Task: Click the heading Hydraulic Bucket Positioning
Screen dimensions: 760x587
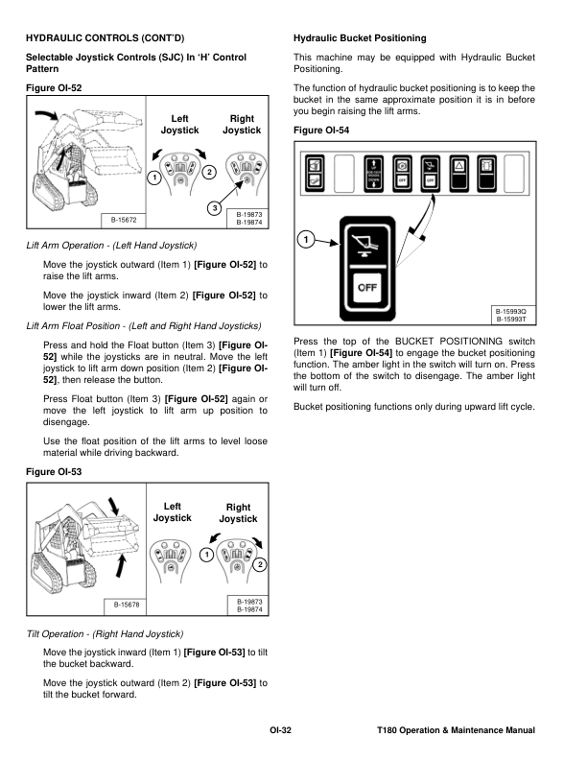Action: coord(359,38)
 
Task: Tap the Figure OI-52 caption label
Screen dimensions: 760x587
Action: coord(54,88)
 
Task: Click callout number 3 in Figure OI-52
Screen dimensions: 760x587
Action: coord(215,209)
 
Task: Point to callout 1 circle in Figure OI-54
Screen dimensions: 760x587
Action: coord(305,238)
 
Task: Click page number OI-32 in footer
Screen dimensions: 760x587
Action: coord(280,731)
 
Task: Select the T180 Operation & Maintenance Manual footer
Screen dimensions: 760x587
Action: coord(457,731)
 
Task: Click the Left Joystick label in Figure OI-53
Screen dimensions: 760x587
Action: coord(173,512)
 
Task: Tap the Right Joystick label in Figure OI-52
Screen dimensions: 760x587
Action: coord(242,124)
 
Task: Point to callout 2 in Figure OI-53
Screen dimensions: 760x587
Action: coord(260,564)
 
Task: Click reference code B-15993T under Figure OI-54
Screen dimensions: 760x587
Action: coord(511,320)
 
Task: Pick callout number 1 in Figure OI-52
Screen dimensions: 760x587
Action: coord(153,178)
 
